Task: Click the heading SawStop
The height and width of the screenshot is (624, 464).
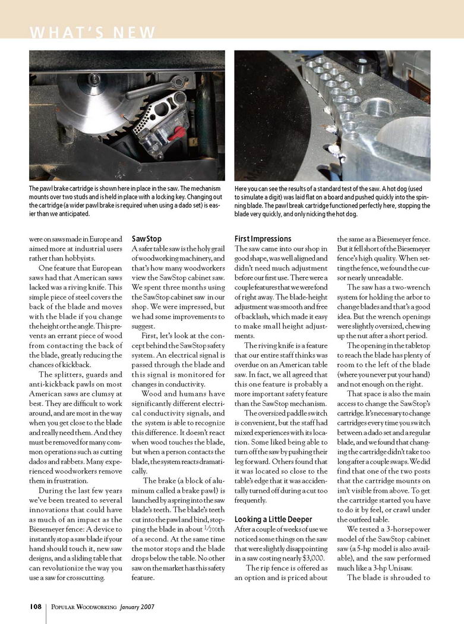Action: tap(146, 239)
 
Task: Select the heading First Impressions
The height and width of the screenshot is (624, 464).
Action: tap(263, 239)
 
